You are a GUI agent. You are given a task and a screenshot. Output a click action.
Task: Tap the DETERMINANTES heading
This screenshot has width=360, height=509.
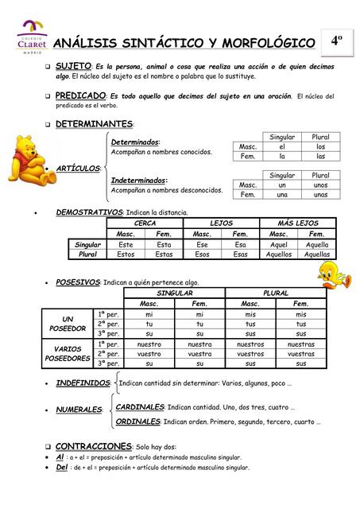point(94,124)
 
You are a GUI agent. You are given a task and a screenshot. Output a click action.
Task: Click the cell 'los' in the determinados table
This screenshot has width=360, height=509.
point(320,146)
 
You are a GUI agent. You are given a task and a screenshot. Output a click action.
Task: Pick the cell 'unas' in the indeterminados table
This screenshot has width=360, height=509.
point(320,194)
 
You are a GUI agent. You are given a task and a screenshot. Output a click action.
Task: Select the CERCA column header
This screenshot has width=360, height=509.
point(145,223)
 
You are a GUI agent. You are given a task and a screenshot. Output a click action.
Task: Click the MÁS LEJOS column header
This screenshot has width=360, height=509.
point(297,223)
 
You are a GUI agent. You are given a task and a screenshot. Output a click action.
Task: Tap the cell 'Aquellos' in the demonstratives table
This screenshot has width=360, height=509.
point(278,254)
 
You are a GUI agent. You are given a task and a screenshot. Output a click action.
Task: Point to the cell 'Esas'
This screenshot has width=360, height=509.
point(240,254)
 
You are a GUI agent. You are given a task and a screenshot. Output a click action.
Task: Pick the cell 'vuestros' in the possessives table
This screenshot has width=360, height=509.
point(250,354)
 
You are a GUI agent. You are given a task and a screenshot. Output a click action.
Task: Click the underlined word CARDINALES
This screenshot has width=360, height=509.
point(140,406)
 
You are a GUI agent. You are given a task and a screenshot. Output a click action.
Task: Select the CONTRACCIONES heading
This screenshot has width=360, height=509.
point(94,445)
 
